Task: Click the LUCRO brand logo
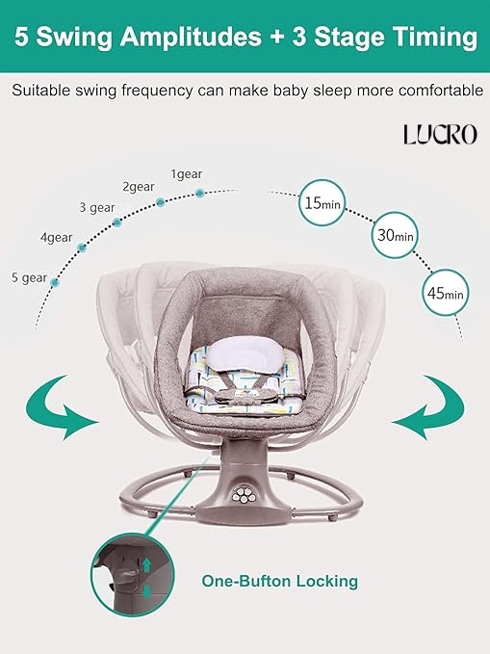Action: pos(440,134)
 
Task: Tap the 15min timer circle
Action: pos(322,202)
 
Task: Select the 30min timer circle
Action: pos(395,235)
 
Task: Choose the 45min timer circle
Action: pos(446,293)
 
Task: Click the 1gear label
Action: pos(187,174)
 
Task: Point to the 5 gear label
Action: pos(29,277)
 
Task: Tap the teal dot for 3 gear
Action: pos(117,222)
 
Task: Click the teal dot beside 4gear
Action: pos(82,248)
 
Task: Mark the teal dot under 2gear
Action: pos(161,202)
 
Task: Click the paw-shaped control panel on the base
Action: pos(243,495)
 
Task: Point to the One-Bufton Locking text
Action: pos(279,581)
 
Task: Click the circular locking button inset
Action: pos(133,574)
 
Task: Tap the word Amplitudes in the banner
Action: pos(191,37)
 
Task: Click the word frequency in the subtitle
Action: pos(157,91)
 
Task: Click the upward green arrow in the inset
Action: pos(146,565)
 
